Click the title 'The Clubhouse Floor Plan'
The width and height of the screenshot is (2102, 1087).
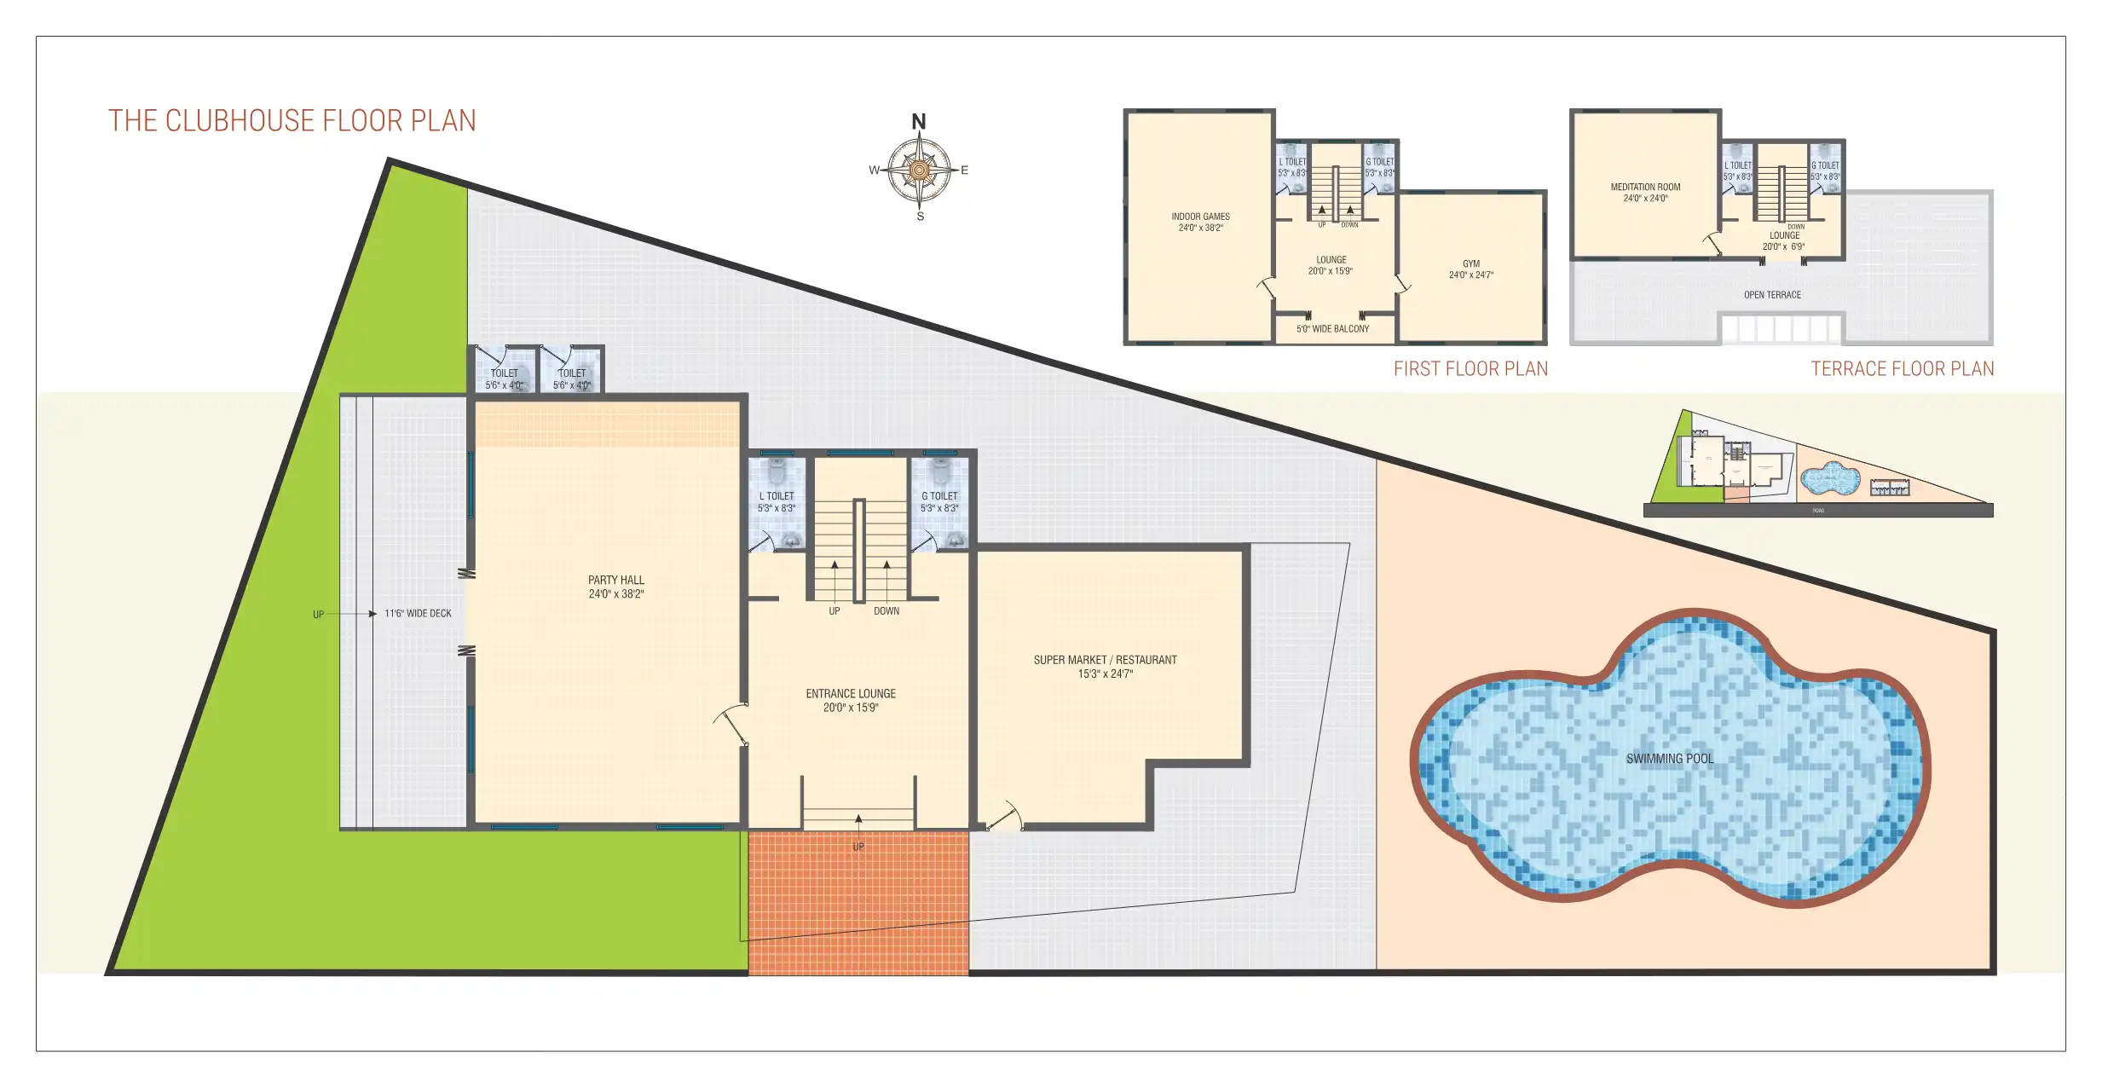(x=292, y=121)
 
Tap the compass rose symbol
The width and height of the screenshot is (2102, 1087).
(x=919, y=171)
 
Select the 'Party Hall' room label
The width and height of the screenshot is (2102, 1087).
(x=615, y=587)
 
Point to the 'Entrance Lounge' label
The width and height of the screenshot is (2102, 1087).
(x=851, y=700)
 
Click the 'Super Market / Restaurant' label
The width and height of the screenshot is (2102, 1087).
(x=1105, y=666)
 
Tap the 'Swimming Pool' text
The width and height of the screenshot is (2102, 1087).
(x=1669, y=759)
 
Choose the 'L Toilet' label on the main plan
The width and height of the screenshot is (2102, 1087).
(x=777, y=501)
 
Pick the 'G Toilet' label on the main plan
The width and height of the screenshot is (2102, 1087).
(x=939, y=501)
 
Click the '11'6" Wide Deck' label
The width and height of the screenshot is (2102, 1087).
(x=418, y=614)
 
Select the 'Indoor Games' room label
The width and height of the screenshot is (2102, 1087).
(x=1200, y=222)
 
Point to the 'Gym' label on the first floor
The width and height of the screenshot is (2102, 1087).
(x=1471, y=269)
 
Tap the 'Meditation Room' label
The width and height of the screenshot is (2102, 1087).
(x=1645, y=192)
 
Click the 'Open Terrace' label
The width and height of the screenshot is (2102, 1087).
(x=1772, y=295)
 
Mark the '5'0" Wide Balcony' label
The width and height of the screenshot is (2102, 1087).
(x=1332, y=329)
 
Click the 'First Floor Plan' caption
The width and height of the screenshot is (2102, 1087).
(x=1470, y=369)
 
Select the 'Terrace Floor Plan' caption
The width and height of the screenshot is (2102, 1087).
(x=1902, y=369)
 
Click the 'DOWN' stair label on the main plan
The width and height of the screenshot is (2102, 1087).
(x=886, y=611)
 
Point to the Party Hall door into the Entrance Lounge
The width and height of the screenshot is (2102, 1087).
(x=731, y=725)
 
